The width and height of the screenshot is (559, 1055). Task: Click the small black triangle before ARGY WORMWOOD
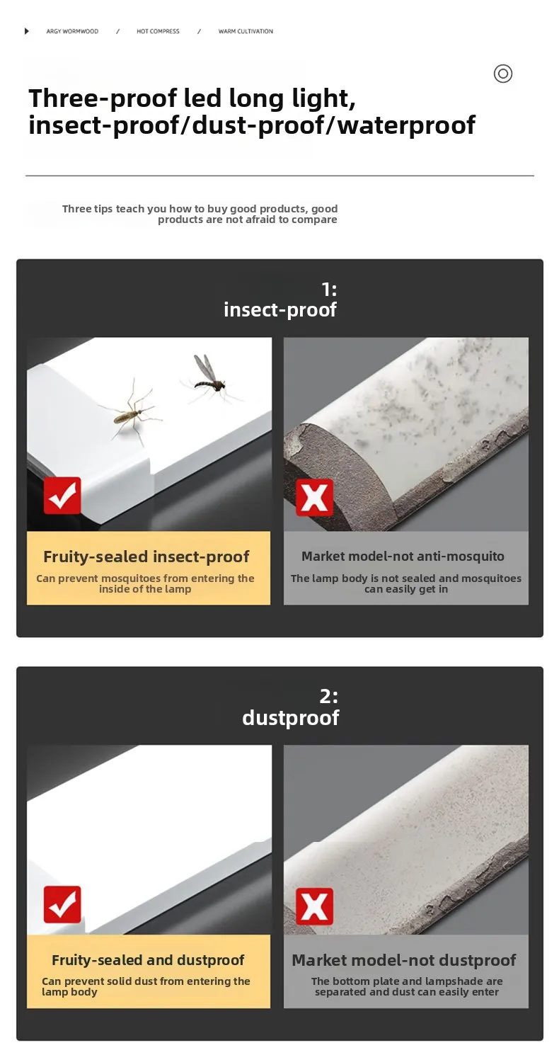pos(27,31)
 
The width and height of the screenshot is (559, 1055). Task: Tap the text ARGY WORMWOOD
pos(72,32)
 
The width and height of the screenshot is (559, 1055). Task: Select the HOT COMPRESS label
pos(158,32)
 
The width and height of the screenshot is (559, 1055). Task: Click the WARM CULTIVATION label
pos(246,32)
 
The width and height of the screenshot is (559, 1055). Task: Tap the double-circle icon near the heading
pos(503,74)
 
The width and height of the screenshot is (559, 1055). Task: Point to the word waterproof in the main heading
pos(407,125)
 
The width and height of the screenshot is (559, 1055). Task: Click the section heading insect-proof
pos(280,310)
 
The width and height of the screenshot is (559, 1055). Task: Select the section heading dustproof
pos(290,718)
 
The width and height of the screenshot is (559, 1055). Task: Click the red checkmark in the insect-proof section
pos(62,496)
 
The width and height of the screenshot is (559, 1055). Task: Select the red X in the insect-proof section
pos(314,497)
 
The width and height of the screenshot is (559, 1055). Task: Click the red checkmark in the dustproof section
pos(62,904)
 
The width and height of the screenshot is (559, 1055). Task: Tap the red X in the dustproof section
pos(314,906)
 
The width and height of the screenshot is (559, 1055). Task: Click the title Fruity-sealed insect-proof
pos(146,557)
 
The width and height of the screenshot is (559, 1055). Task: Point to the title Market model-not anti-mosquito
pos(403,557)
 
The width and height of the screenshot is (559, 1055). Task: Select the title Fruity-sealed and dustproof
pos(148,960)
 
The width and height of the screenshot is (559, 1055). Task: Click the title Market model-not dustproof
pos(404,960)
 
